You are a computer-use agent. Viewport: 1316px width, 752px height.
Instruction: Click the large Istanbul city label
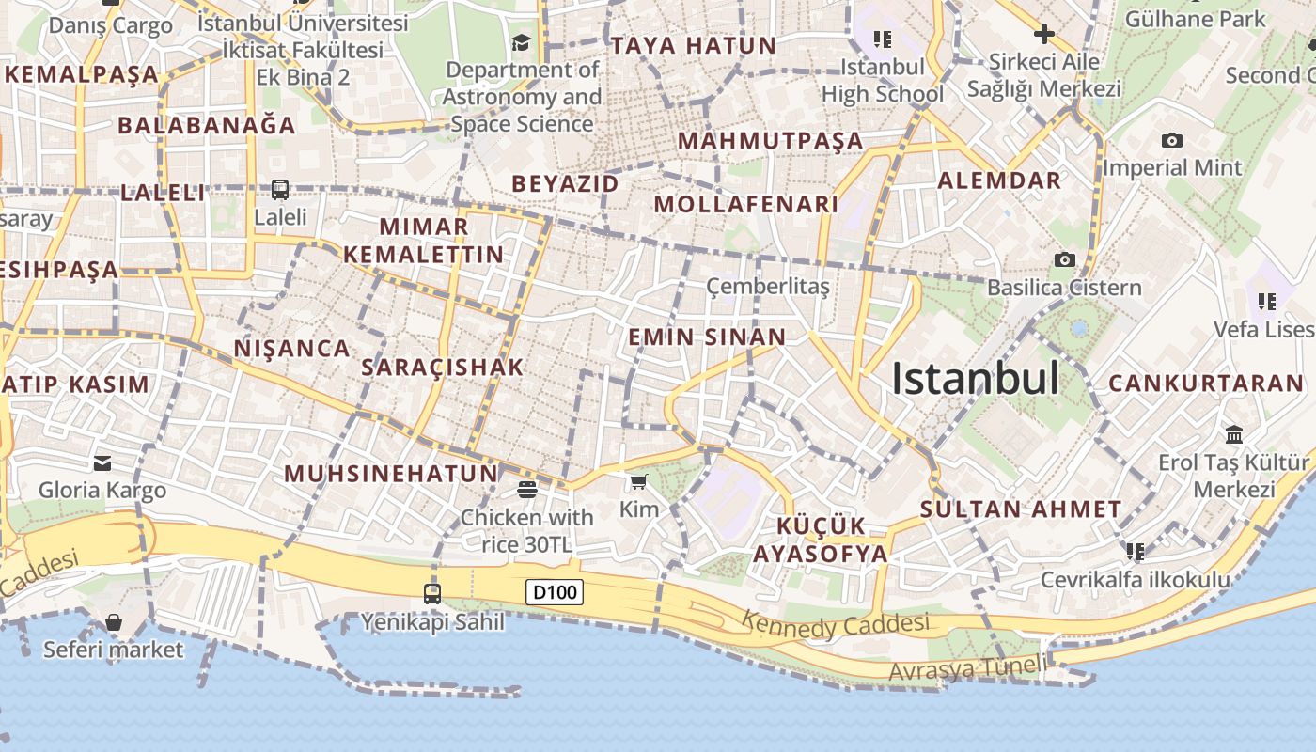[x=975, y=379]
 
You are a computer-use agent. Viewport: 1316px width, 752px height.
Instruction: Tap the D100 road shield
[x=554, y=592]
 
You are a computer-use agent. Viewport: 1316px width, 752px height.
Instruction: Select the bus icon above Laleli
[x=280, y=190]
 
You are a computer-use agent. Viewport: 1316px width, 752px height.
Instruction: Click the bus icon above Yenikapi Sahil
[x=432, y=594]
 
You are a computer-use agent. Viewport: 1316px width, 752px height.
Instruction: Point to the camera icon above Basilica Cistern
[x=1064, y=259]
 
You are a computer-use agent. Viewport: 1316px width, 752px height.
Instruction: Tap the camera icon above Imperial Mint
[x=1171, y=141]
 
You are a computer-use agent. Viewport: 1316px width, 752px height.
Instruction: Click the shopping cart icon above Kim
[x=639, y=482]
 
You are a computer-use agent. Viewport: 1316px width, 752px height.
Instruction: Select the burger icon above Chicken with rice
[x=526, y=490]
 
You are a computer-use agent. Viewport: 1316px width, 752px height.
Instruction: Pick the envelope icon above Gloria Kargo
[x=102, y=462]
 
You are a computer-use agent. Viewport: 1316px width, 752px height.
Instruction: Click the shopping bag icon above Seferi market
[x=114, y=622]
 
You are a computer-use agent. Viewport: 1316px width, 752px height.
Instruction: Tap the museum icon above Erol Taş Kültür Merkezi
[x=1234, y=434]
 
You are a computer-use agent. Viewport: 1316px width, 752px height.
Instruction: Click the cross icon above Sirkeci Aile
[x=1043, y=35]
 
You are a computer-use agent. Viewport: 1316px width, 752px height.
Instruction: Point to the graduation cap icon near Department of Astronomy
[x=521, y=42]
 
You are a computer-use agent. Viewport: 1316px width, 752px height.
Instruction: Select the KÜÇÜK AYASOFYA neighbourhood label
[x=821, y=540]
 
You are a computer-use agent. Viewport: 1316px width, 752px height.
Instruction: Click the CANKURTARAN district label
[x=1206, y=384]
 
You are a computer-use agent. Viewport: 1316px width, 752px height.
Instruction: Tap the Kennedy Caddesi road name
[x=835, y=623]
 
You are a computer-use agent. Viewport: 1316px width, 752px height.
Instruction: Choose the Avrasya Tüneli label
[x=966, y=669]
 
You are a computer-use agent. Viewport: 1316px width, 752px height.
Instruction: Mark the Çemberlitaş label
[x=768, y=286]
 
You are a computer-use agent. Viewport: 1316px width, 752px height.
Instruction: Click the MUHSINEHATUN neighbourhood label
[x=391, y=474]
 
